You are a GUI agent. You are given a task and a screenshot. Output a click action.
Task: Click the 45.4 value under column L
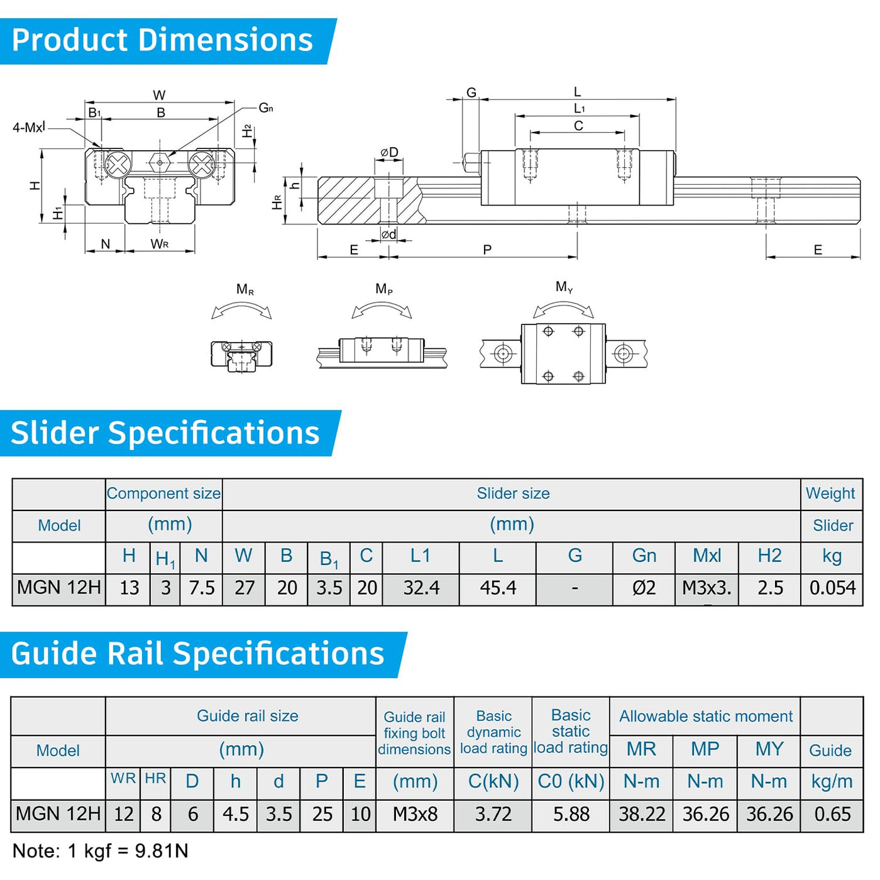[x=498, y=588]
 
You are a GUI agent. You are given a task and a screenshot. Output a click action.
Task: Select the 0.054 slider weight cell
[x=832, y=588]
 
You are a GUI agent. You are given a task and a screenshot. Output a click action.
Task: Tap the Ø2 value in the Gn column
[x=644, y=588]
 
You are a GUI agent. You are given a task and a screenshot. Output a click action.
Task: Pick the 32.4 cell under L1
[x=421, y=588]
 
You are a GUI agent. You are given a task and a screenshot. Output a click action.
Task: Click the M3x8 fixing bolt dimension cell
[x=415, y=815]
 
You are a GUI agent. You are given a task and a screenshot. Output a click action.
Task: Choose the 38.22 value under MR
[x=642, y=815]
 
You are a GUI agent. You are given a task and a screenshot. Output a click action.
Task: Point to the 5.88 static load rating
[x=571, y=815]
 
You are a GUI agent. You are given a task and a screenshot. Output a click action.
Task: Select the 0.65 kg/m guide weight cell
[x=832, y=815]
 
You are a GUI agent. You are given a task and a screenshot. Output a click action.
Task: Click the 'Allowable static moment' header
[x=705, y=717]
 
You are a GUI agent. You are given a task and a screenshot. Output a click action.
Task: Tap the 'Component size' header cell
[x=163, y=493]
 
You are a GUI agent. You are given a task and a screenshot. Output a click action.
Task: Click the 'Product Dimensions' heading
[x=162, y=40]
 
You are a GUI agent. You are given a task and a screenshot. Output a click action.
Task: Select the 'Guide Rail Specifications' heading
[x=197, y=654]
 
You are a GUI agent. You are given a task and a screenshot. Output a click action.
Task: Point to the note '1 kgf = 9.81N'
[x=101, y=851]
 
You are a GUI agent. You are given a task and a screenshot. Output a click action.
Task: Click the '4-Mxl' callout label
[x=29, y=128]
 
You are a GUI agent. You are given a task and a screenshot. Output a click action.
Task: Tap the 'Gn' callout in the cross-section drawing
[x=266, y=108]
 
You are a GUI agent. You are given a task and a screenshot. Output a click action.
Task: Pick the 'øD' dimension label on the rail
[x=389, y=152]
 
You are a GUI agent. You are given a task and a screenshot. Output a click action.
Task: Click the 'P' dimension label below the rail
[x=487, y=250]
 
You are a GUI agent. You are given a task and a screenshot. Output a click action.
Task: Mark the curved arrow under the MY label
[x=563, y=307]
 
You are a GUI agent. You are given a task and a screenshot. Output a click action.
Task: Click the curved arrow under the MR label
[x=242, y=309]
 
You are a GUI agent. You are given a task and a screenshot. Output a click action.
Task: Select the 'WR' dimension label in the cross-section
[x=160, y=244]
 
